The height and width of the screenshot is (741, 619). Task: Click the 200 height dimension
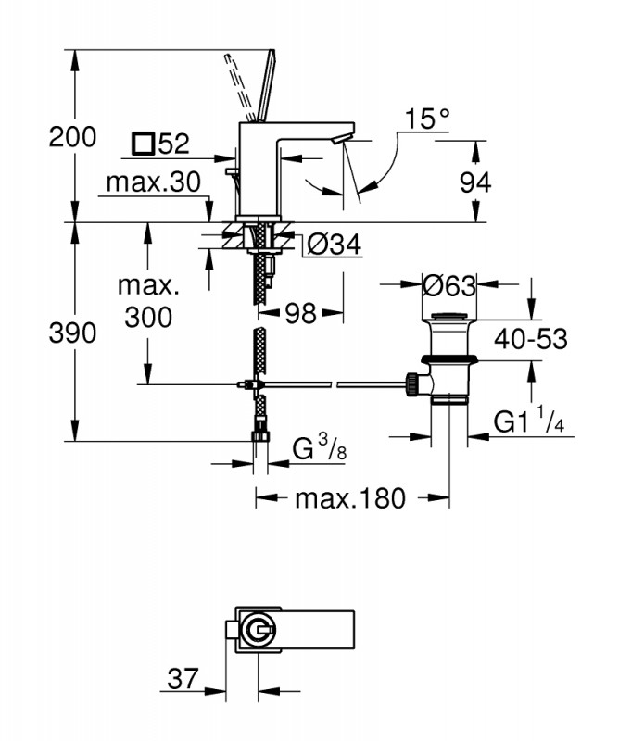pyautogui.click(x=72, y=137)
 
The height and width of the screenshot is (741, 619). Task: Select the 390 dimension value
pyautogui.click(x=72, y=333)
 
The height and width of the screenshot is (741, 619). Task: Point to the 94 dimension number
pyautogui.click(x=474, y=182)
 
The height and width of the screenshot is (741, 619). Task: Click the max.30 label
pyautogui.click(x=153, y=182)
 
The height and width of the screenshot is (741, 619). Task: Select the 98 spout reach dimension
pyautogui.click(x=298, y=313)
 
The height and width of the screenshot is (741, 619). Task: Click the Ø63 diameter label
pyautogui.click(x=449, y=286)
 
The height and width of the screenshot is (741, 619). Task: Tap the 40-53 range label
pyautogui.click(x=529, y=339)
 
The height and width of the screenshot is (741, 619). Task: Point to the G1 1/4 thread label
pyautogui.click(x=529, y=423)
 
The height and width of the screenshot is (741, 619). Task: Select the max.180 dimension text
pyautogui.click(x=350, y=499)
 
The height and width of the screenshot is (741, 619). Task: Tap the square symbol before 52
pyautogui.click(x=143, y=144)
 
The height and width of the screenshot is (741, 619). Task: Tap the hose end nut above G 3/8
pyautogui.click(x=260, y=433)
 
